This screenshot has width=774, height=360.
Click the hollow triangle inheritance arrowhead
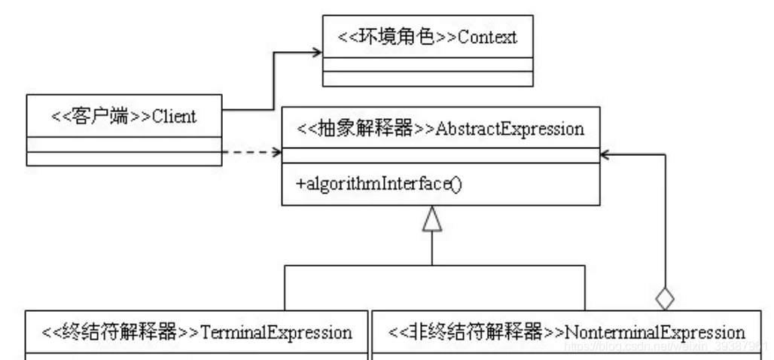click(x=432, y=221)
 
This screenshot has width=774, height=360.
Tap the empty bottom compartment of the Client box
click(x=124, y=158)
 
